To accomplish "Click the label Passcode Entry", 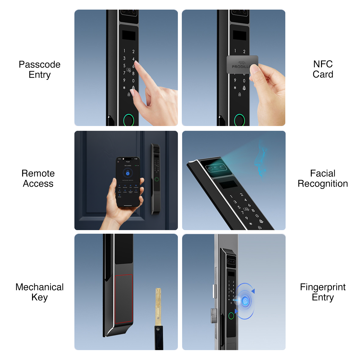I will [40, 69].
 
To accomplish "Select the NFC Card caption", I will [323, 69].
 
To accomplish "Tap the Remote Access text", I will [38, 178].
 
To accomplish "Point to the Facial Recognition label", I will [323, 178].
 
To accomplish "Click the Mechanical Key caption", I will [40, 292].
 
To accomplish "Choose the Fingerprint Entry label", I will [323, 292].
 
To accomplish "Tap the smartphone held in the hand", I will [128, 181].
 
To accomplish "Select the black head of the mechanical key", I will [159, 337].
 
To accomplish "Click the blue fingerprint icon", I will [245, 301].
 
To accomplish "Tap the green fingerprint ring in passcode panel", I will [129, 120].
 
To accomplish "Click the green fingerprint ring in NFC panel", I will [240, 120].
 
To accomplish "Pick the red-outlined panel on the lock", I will [124, 299].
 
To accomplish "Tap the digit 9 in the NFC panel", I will [235, 80].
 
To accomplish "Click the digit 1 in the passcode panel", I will [124, 51].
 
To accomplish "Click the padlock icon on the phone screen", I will [128, 173].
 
